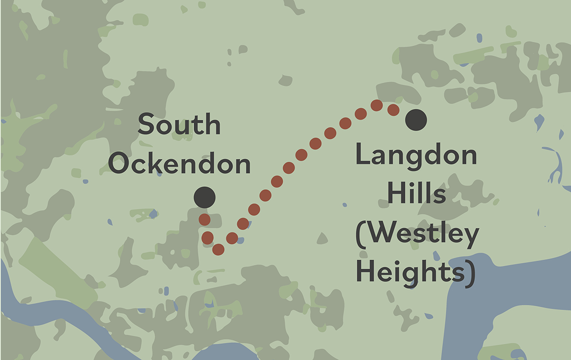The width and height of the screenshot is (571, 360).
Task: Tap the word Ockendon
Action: [x=179, y=164]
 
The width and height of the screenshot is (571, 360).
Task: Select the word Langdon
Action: [x=416, y=156]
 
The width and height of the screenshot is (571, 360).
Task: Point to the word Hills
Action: [x=416, y=195]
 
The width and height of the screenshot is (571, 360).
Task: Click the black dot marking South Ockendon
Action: [x=205, y=197]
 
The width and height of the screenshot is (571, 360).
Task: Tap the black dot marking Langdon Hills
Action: [x=416, y=119]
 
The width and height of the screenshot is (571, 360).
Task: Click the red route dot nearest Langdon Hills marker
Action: [x=393, y=110]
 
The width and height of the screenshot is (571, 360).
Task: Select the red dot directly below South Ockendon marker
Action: [x=205, y=220]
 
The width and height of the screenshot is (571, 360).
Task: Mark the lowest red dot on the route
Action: [x=218, y=249]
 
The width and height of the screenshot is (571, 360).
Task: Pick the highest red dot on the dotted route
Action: [x=377, y=105]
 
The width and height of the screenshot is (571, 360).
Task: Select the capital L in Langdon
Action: [x=363, y=156]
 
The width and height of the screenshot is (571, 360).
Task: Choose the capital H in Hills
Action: [x=396, y=195]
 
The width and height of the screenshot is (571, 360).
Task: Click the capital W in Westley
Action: [x=379, y=234]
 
